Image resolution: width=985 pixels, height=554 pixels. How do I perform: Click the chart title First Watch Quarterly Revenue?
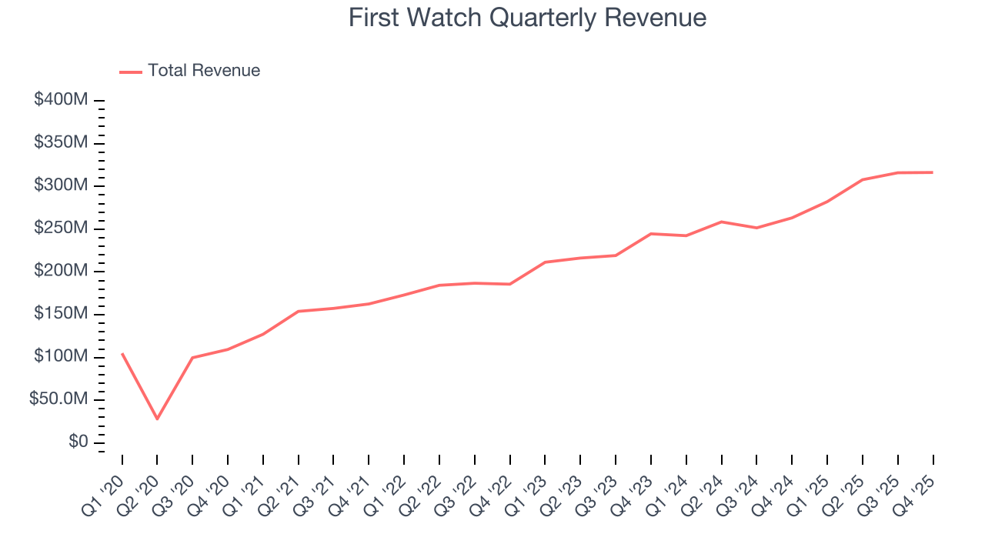pos(527,18)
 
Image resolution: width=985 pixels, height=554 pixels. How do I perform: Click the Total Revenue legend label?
pos(204,71)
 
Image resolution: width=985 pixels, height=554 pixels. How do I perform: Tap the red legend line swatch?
pos(131,72)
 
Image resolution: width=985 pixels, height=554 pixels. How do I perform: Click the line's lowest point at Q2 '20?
pos(157,419)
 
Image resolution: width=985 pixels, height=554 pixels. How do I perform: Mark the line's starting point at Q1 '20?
pos(122,354)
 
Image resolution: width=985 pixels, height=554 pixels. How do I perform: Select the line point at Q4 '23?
pos(651,233)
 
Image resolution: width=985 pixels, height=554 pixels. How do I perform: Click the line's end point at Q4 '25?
pos(933,172)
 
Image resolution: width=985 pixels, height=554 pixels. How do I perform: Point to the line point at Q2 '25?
pos(863,179)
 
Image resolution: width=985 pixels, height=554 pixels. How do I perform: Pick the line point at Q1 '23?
pos(545,262)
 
